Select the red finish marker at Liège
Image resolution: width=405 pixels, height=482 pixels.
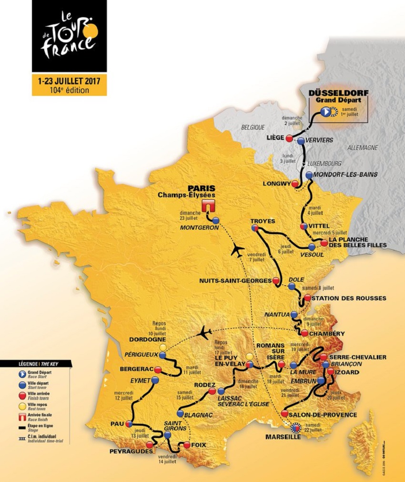[289, 138]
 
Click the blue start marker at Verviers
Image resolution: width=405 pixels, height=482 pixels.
[301, 141]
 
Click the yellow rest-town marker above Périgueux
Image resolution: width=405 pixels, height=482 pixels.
[163, 347]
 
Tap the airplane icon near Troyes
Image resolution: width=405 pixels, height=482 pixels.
[236, 251]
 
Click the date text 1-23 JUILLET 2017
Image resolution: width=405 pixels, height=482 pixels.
[70, 80]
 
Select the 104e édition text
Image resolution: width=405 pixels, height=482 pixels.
[70, 90]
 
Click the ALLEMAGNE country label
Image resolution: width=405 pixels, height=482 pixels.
[363, 148]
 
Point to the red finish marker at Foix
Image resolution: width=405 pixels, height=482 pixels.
[187, 445]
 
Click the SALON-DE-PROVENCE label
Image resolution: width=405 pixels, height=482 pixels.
[324, 415]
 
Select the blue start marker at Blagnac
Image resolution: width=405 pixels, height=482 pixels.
[180, 413]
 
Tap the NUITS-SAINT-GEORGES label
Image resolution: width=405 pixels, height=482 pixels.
[235, 281]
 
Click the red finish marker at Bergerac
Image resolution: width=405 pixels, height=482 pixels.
[158, 369]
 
